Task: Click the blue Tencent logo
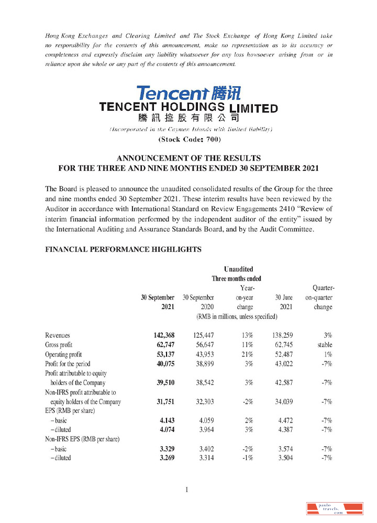click(x=188, y=94)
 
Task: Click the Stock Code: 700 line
click(x=189, y=139)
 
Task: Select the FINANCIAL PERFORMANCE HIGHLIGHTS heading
click(x=124, y=249)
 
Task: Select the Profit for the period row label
click(x=68, y=363)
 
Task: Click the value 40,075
click(x=163, y=363)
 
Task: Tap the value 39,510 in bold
click(x=163, y=382)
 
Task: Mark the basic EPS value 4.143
click(x=164, y=420)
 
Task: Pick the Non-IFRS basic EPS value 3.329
click(x=164, y=448)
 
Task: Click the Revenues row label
click(x=58, y=335)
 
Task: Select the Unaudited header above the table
click(x=238, y=269)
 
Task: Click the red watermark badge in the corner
click(x=335, y=508)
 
